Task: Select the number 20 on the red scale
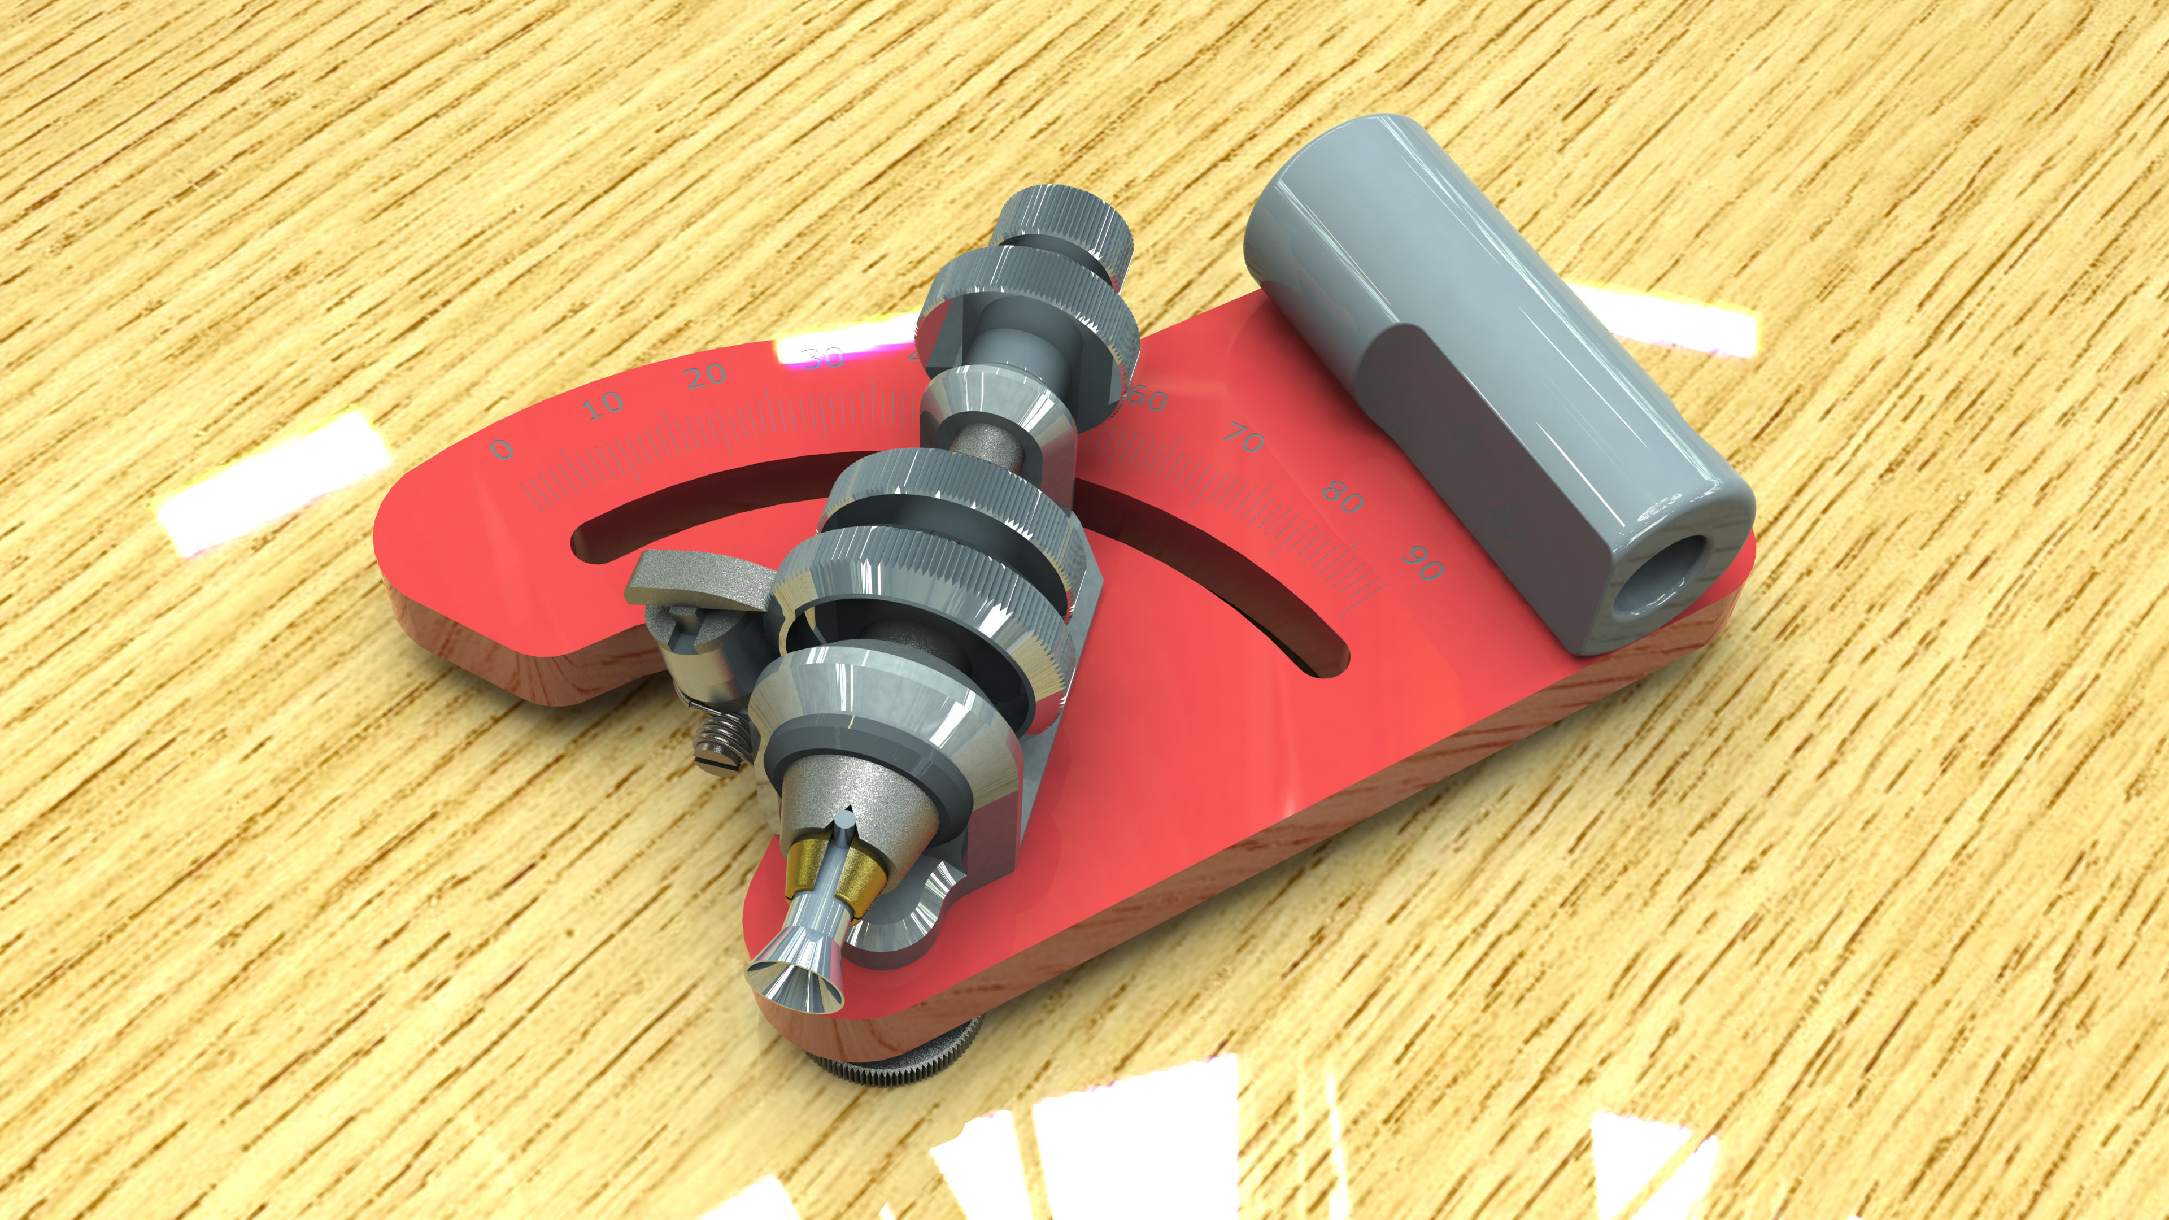705,376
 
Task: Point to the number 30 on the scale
822,359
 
